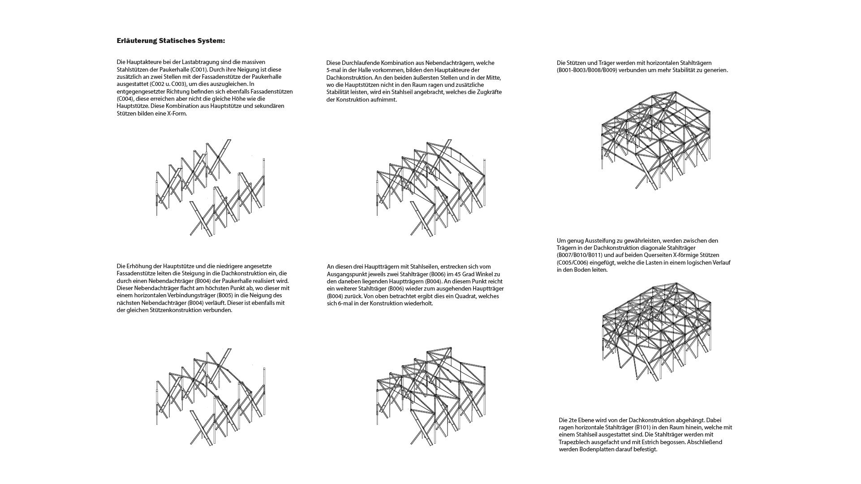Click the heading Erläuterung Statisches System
pyautogui.click(x=171, y=41)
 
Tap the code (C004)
pyautogui.click(x=125, y=99)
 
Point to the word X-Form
pyautogui.click(x=177, y=113)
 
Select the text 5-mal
pyautogui.click(x=334, y=70)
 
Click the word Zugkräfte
pyautogui.click(x=489, y=92)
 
